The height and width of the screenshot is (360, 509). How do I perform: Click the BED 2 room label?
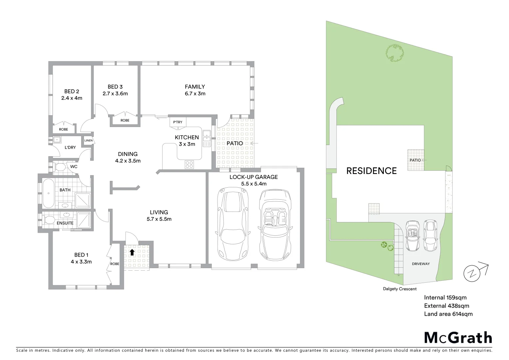tap(72, 91)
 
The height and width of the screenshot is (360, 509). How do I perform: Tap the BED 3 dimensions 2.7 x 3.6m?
tap(115, 94)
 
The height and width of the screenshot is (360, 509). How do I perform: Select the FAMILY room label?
tap(195, 87)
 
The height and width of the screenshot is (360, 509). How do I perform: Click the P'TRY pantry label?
tap(178, 122)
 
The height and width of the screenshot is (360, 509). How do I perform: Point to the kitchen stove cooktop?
tap(190, 164)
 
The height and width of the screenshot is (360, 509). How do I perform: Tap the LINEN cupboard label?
tap(89, 140)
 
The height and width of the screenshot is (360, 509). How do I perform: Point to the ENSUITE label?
tap(65, 223)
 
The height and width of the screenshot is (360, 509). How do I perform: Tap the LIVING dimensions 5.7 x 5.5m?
tap(159, 219)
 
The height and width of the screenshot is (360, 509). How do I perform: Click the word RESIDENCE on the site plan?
tap(371, 171)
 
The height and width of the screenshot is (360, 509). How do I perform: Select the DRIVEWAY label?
tap(421, 264)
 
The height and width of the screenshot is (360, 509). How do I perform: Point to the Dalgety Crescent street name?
tap(399, 289)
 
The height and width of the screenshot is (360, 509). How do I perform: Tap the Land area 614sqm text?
tap(448, 314)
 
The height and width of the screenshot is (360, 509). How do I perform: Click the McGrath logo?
tap(458, 337)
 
